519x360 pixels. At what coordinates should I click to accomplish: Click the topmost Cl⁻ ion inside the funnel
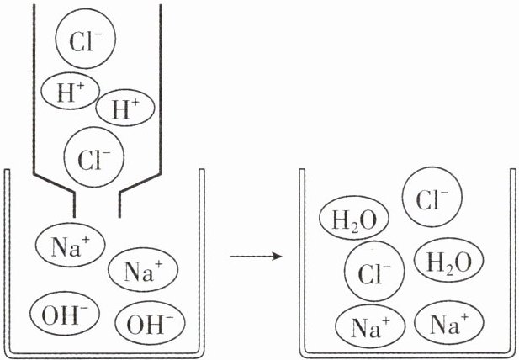[86, 39]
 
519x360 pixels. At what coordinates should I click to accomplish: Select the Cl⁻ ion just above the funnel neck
[94, 157]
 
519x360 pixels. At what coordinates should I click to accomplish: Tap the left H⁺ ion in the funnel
[70, 91]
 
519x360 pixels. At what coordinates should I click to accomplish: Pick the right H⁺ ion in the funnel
[125, 108]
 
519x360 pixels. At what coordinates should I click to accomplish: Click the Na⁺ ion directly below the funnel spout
[70, 245]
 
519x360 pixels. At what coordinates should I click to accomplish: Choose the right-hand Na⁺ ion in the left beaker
[143, 270]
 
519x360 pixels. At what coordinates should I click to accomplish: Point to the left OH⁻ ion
[65, 313]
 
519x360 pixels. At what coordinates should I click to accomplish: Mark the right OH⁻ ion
[150, 322]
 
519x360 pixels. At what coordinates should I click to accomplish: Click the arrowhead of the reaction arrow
[278, 256]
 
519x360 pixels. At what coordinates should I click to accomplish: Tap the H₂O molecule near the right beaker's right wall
[449, 260]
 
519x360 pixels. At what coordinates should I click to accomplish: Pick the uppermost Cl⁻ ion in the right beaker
[432, 197]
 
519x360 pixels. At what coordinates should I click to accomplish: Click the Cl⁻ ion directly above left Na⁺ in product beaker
[374, 272]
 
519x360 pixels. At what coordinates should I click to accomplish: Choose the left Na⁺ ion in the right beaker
[370, 326]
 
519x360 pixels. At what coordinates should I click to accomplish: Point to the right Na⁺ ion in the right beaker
[449, 323]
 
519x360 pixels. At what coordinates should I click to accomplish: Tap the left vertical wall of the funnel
[34, 88]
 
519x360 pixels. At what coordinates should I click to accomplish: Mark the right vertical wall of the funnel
[161, 88]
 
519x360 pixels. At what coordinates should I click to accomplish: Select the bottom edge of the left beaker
[104, 355]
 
